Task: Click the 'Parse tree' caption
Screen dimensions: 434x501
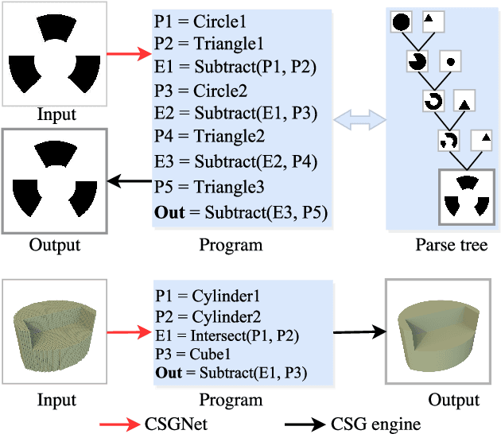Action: pyautogui.click(x=451, y=245)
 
